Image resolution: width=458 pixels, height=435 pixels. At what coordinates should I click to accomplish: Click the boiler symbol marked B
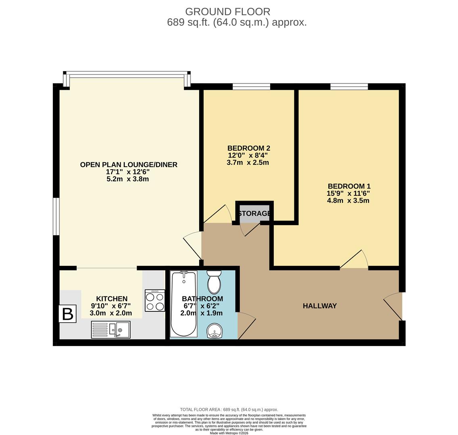click(x=67, y=314)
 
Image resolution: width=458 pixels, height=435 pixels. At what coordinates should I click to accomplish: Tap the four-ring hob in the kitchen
click(x=155, y=300)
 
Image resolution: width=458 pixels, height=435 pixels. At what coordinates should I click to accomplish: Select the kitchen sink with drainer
click(x=111, y=329)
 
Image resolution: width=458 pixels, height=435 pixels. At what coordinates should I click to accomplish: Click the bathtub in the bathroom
click(x=184, y=304)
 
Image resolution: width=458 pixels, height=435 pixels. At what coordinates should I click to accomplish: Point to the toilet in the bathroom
click(x=214, y=282)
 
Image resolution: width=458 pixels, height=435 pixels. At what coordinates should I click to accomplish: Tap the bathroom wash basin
click(x=215, y=332)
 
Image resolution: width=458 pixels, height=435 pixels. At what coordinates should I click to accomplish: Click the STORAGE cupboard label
click(x=254, y=213)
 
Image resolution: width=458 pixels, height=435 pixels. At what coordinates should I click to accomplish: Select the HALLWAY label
click(x=319, y=306)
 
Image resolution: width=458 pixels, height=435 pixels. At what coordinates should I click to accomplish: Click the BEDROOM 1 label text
click(x=349, y=186)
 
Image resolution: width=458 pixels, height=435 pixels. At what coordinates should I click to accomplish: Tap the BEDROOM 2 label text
click(x=248, y=148)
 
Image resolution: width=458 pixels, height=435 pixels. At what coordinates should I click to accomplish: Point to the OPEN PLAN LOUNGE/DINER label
click(x=129, y=165)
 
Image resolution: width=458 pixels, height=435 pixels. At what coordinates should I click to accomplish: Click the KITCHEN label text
click(x=112, y=299)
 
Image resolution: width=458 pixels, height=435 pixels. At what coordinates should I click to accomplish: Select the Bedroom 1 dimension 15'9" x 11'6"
click(x=348, y=193)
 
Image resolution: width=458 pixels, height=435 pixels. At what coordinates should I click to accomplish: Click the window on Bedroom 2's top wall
click(x=251, y=86)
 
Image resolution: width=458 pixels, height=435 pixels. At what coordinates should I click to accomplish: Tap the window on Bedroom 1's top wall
click(x=349, y=86)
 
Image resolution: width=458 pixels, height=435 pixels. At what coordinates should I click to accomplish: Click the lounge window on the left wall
click(x=56, y=216)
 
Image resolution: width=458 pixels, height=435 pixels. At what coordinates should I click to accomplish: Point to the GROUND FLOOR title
click(x=228, y=12)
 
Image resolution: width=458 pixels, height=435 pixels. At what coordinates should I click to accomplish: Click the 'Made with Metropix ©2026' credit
click(x=229, y=433)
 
